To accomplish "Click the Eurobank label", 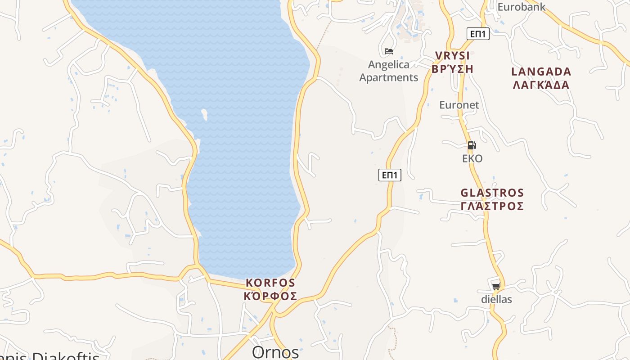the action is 521,7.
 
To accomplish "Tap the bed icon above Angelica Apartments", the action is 389,51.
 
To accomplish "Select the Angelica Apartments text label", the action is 389,71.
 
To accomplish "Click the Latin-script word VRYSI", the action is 452,56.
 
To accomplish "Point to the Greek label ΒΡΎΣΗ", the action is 452,69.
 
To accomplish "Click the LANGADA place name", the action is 541,72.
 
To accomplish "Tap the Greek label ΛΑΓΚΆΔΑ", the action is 541,85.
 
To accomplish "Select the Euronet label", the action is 459,105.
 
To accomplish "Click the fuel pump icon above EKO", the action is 472,145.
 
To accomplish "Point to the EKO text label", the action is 472,158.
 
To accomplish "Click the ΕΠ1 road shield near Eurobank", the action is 477,34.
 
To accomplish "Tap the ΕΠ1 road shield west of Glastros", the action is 390,175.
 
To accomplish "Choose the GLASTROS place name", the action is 492,193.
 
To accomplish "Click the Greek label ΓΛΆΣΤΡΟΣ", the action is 492,206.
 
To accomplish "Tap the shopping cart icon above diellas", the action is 496,286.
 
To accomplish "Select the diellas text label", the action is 496,299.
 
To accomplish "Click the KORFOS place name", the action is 270,283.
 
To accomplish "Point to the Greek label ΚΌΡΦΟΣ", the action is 270,296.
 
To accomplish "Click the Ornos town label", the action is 275,352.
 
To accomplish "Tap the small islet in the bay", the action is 205,114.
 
